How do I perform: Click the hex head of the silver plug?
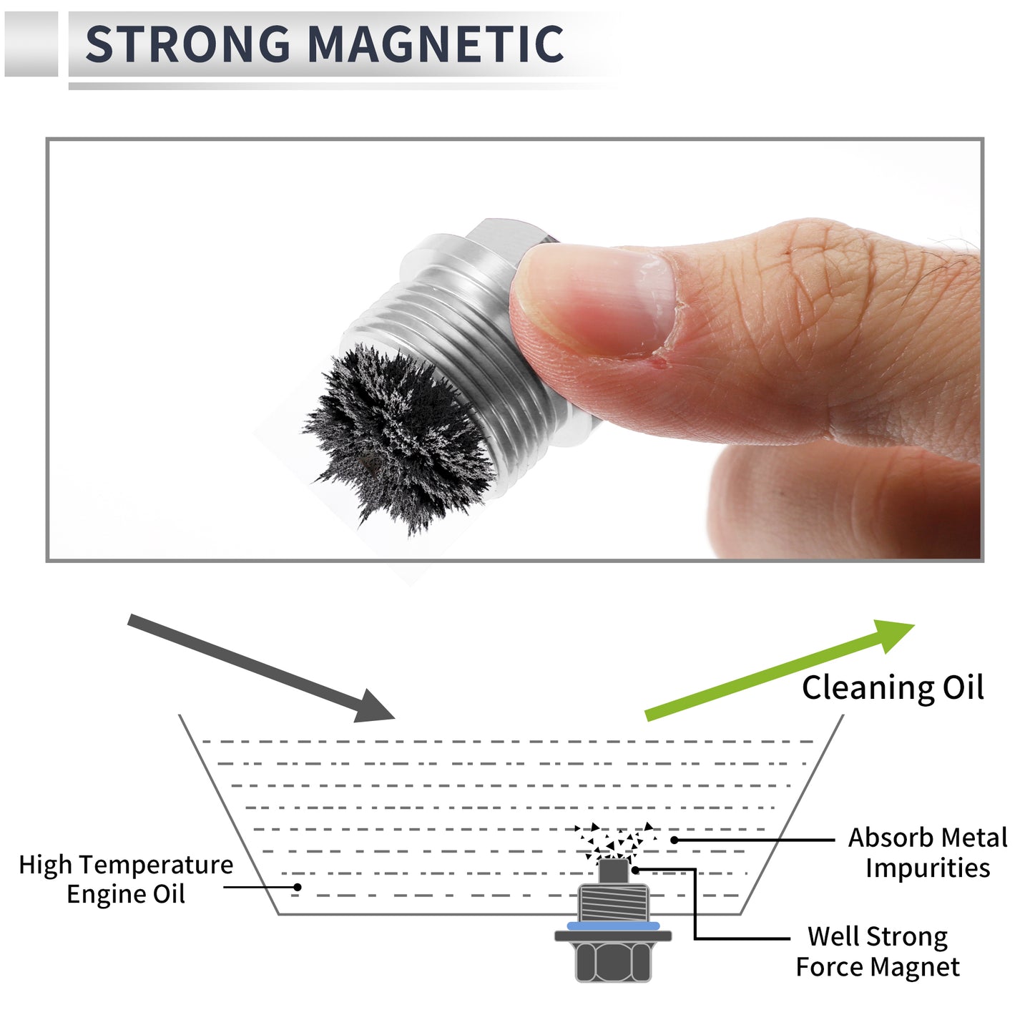[508, 240]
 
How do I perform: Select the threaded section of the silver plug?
[471, 363]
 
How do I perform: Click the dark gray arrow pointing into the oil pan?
[261, 669]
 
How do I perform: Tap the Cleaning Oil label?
[893, 688]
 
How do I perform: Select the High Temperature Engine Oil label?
[126, 879]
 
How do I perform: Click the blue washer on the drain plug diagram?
[613, 926]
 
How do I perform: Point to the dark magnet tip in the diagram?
[613, 871]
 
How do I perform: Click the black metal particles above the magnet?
[614, 841]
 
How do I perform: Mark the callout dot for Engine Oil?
[298, 887]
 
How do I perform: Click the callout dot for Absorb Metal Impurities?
[675, 840]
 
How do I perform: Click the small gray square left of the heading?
[31, 44]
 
